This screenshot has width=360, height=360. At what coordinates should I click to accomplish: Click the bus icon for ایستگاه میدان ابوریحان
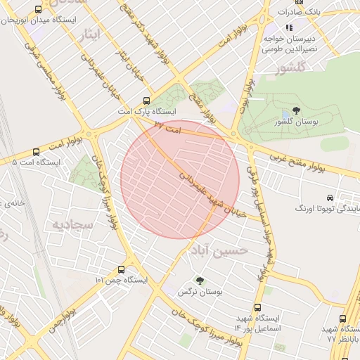37,10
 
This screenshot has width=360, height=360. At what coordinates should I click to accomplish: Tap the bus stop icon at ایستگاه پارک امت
146,101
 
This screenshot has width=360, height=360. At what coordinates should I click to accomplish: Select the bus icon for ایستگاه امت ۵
36,152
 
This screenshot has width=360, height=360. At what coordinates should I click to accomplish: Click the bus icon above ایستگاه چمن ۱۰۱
122,269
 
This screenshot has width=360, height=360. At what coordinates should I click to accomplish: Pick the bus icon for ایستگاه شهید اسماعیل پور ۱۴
257,307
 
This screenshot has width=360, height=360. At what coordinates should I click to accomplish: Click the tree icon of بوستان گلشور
295,110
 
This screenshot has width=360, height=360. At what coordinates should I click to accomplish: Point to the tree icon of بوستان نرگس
200,280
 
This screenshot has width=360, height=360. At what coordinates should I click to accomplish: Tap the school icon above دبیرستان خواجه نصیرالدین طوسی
288,27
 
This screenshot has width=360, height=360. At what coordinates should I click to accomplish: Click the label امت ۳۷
168,129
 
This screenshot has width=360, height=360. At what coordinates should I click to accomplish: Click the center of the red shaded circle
180,179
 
